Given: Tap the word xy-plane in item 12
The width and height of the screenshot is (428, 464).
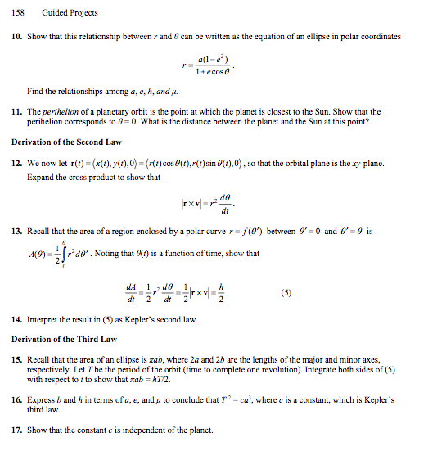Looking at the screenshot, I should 367,164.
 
